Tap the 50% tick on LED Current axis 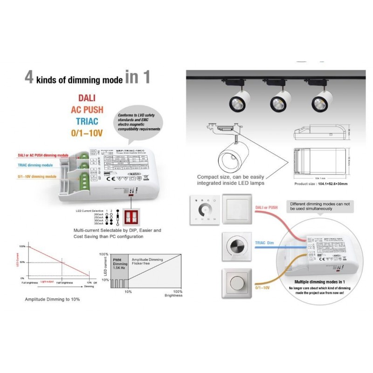pyautogui.click(x=22, y=262)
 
